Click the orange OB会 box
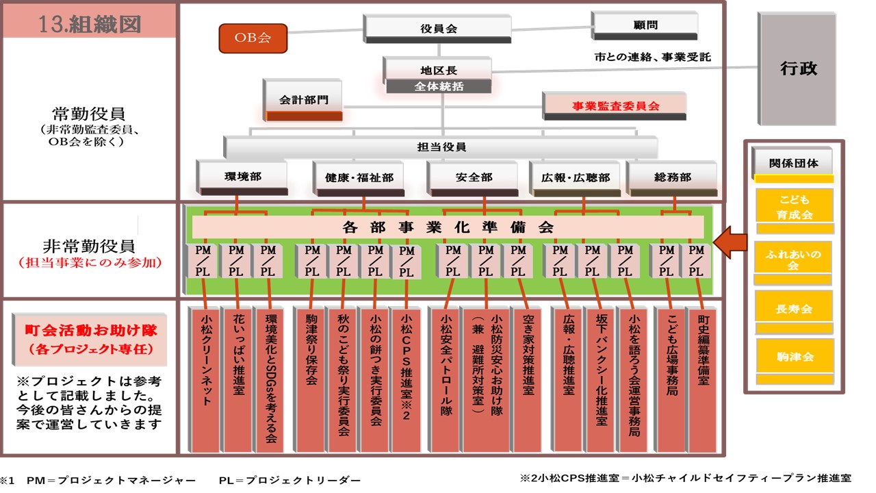coord(253,38)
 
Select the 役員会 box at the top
coord(438,29)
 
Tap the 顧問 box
coord(645,25)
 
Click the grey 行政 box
coord(798,68)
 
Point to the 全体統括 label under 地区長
coord(439,87)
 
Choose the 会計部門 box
coord(303,100)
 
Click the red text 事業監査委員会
coord(615,106)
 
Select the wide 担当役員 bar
coord(441,147)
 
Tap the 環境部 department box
coord(242,177)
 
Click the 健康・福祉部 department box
coord(359,177)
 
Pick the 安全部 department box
coord(474,177)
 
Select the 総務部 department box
coord(672,177)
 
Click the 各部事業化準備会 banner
coord(448,227)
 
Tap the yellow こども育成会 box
coord(794,208)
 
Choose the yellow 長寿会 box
coord(794,309)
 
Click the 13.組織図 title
coord(90,24)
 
